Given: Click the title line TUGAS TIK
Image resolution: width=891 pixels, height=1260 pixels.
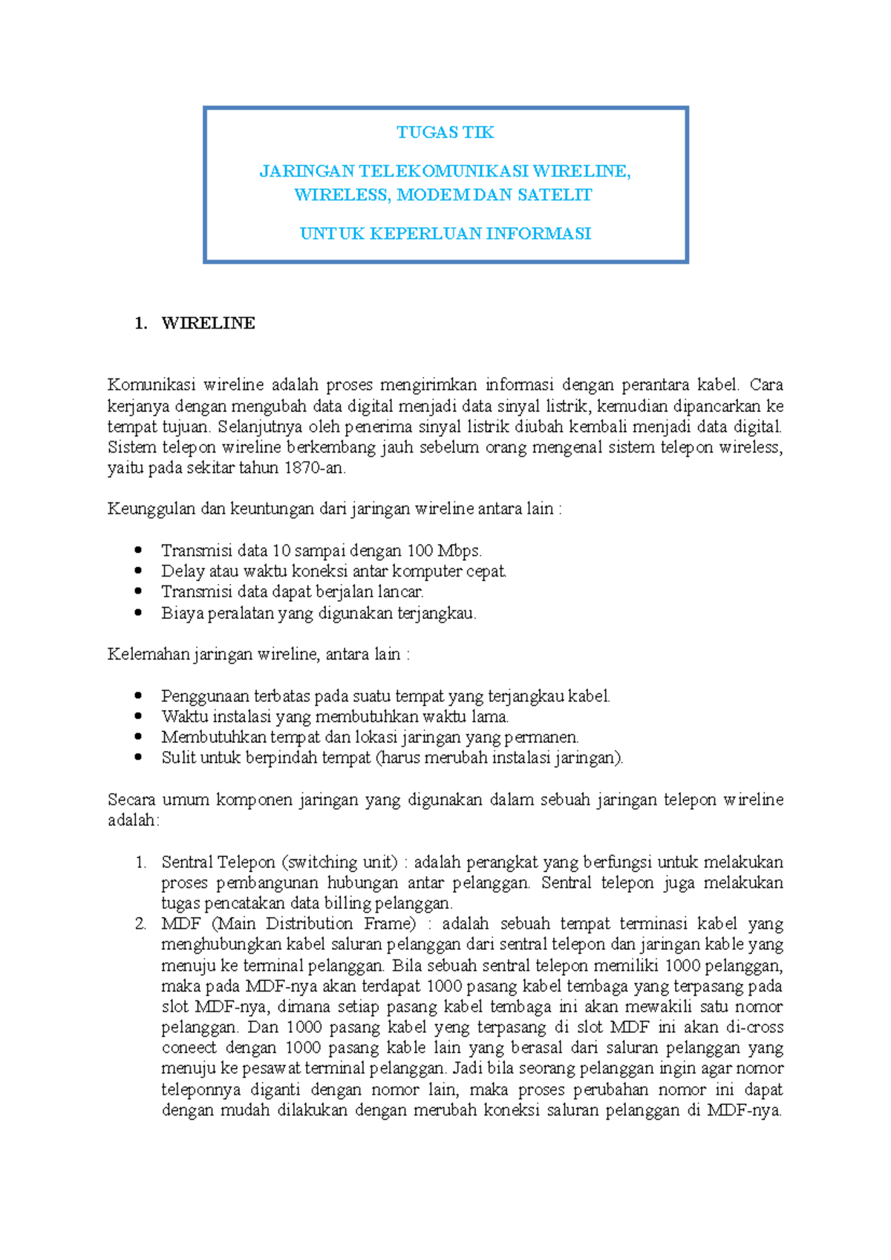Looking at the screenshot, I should (x=445, y=133).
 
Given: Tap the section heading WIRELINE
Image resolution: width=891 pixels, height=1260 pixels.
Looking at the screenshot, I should (x=208, y=324).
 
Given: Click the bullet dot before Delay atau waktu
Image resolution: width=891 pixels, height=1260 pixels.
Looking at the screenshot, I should (x=137, y=571).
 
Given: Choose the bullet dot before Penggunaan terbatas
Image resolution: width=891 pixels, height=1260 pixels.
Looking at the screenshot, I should (x=137, y=695).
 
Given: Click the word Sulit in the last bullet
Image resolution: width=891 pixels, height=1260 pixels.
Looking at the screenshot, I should (x=177, y=758).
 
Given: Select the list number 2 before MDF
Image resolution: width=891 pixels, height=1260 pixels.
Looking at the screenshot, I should (x=140, y=924).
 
